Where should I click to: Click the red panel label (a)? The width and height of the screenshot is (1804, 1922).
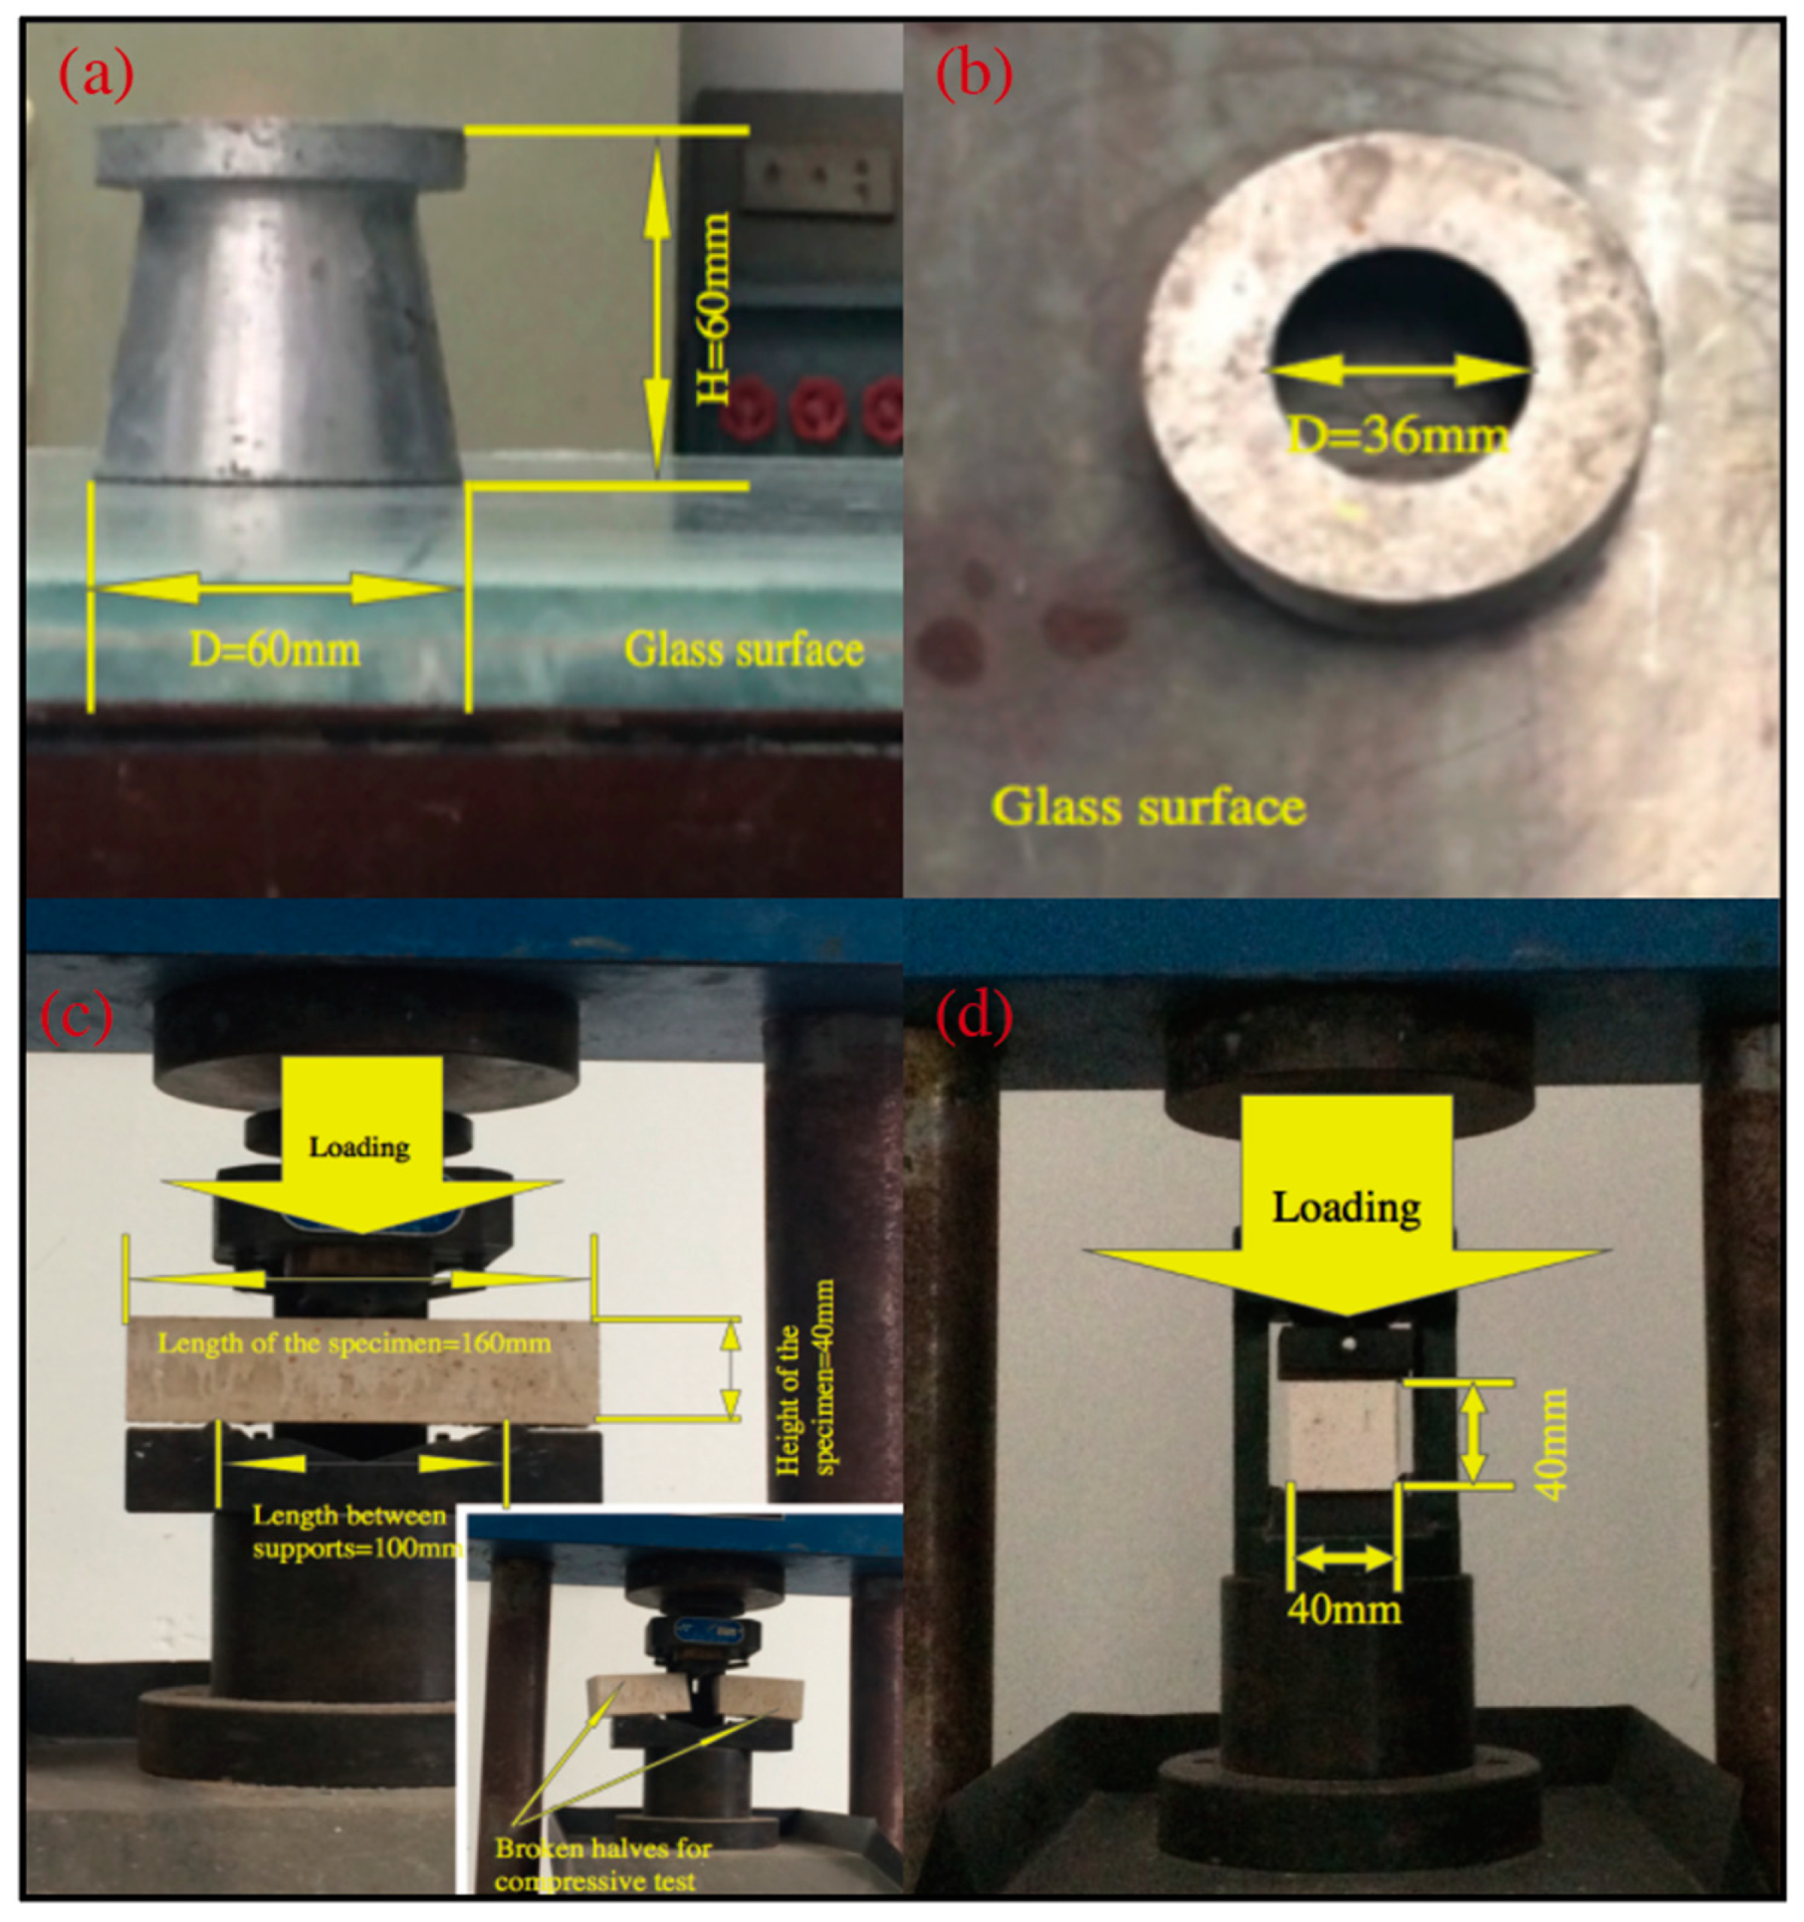pos(96,75)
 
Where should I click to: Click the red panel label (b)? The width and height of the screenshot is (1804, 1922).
pos(973,75)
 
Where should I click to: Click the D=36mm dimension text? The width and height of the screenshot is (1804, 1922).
pos(1398,437)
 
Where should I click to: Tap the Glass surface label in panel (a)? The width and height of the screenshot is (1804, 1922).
pos(743,650)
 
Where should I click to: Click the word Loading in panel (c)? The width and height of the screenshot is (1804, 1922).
pos(359,1148)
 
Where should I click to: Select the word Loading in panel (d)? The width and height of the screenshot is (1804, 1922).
pos(1346,1207)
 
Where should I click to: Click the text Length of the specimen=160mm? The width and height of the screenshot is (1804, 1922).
pos(354,1344)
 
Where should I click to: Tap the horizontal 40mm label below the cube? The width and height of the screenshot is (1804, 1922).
pos(1344,1609)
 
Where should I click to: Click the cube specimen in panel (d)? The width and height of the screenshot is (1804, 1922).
pos(1342,1435)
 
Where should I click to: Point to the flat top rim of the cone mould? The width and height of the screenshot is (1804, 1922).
pos(279,154)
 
